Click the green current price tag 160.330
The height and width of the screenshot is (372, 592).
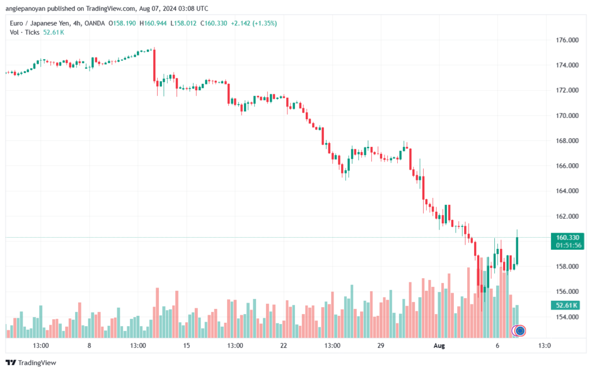(x=567, y=237)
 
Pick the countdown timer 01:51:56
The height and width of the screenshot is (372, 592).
(x=567, y=245)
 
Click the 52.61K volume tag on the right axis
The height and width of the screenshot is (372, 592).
(x=567, y=305)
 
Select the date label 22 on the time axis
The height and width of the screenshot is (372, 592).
(x=283, y=346)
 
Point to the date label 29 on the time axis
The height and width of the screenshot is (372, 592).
(x=380, y=346)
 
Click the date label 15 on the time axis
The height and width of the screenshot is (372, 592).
(x=186, y=346)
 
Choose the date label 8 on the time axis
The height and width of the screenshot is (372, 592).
(x=89, y=346)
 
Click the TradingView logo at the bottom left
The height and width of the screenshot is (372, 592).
(x=32, y=363)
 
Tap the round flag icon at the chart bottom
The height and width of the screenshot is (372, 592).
(x=519, y=331)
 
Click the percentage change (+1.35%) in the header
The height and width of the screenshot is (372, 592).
(x=262, y=23)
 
